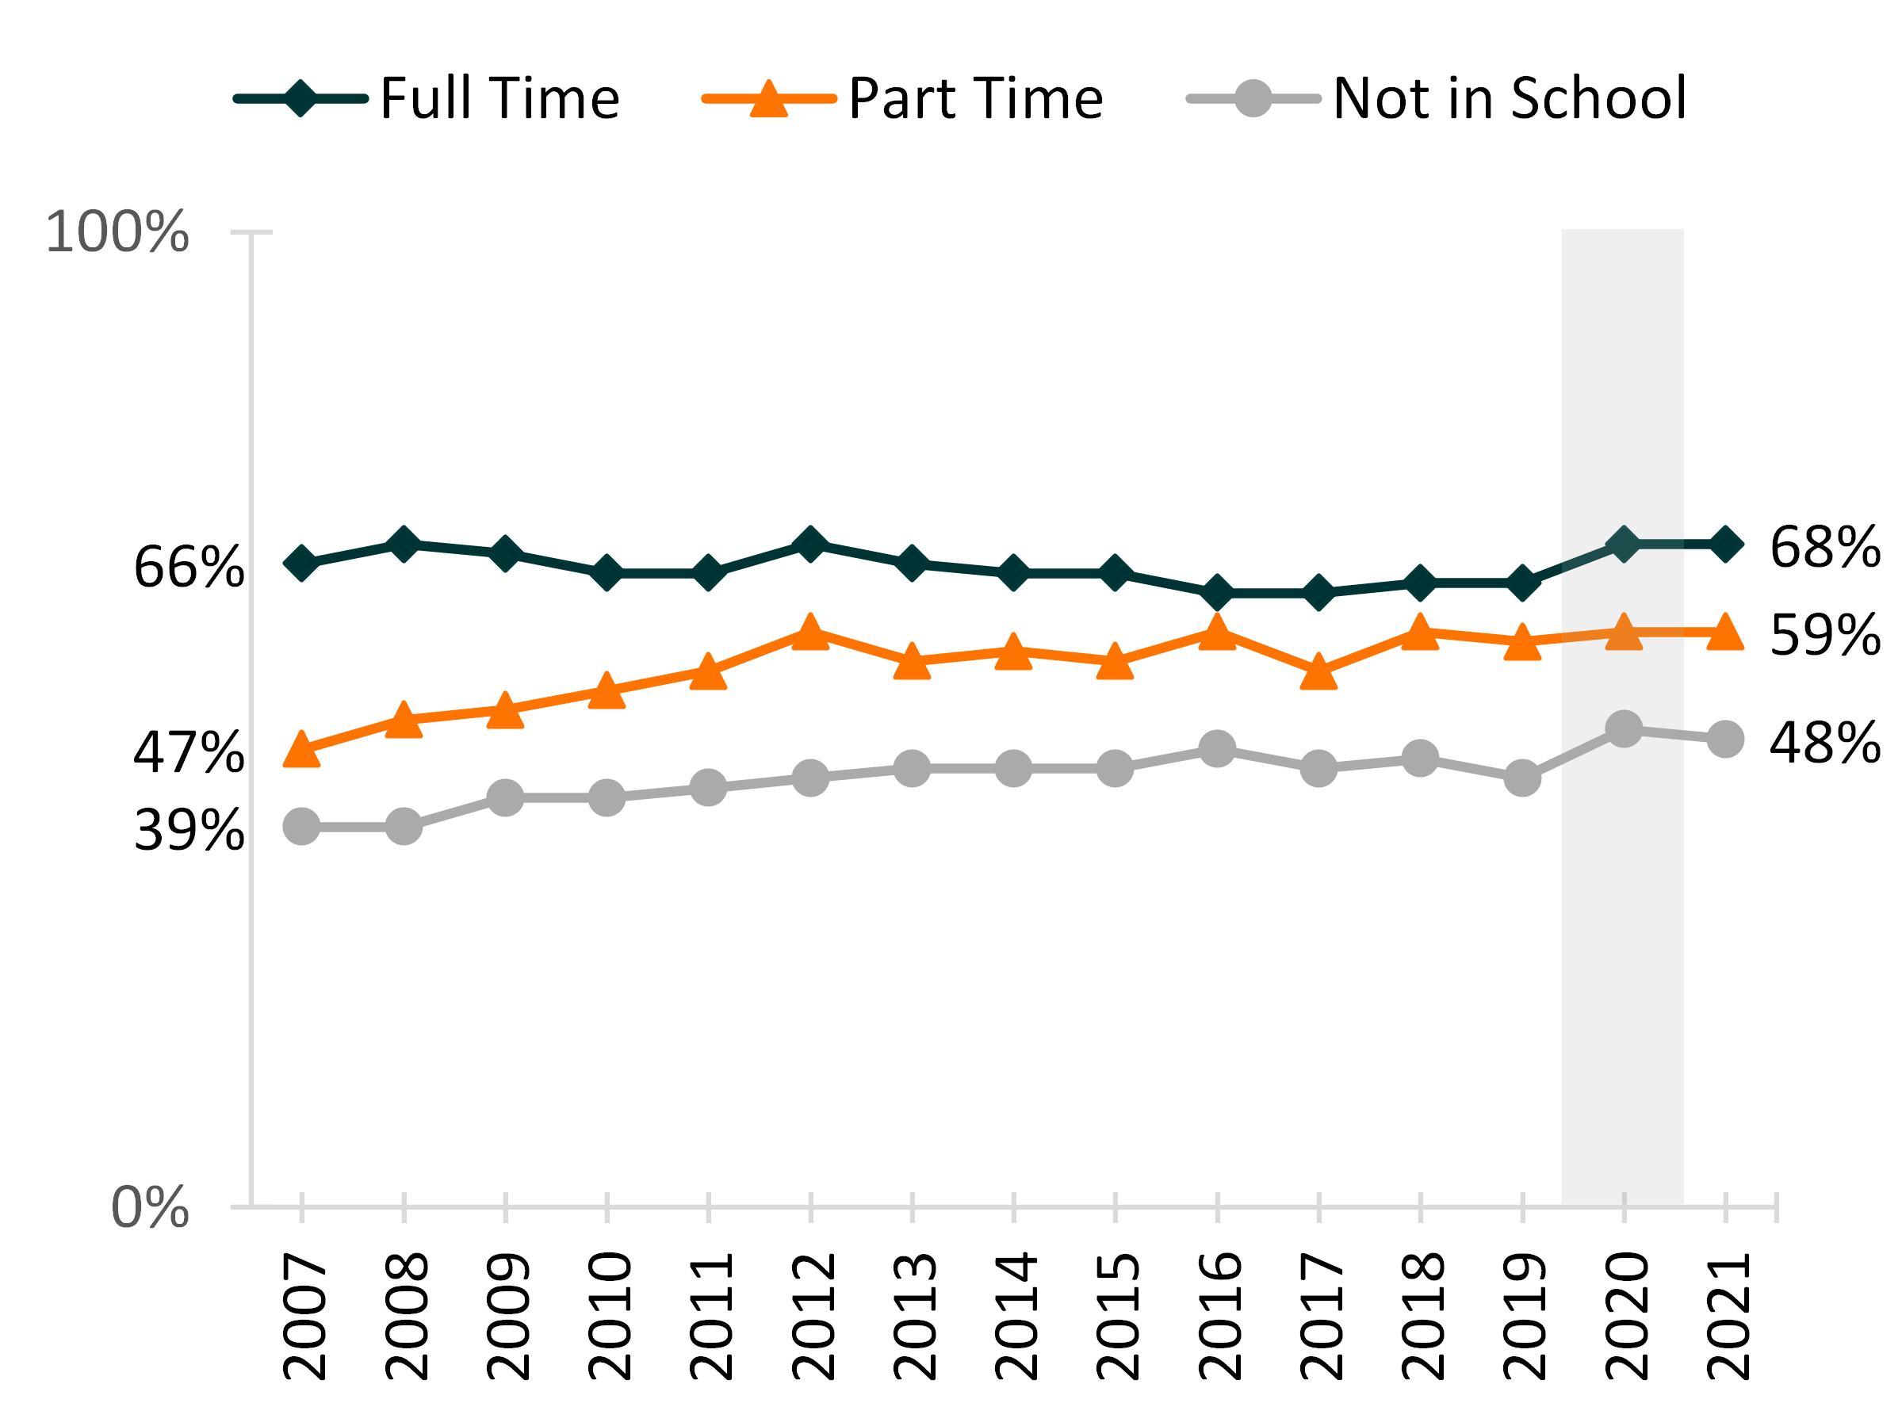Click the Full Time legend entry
tap(499, 98)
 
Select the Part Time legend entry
tap(975, 98)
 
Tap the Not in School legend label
tap(1509, 98)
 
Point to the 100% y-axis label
tap(117, 232)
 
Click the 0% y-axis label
tap(150, 1208)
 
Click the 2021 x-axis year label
tap(1727, 1316)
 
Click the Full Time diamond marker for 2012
tap(810, 544)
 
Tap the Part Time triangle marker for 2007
tap(302, 751)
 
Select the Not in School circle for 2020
tap(1624, 729)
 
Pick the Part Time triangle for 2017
tap(1319, 672)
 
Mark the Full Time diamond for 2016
tap(1218, 593)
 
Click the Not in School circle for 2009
tap(506, 797)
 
